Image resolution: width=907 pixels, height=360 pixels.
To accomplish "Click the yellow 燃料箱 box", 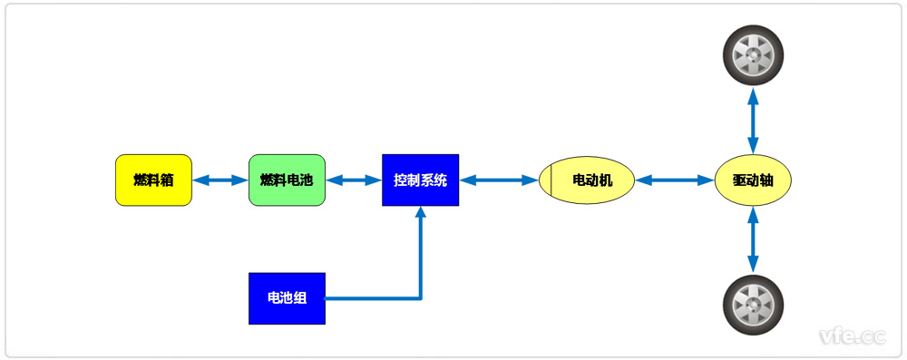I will pyautogui.click(x=153, y=180).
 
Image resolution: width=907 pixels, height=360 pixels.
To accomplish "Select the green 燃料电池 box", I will pyautogui.click(x=287, y=180).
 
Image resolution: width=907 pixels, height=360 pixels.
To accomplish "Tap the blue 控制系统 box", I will pyautogui.click(x=420, y=180).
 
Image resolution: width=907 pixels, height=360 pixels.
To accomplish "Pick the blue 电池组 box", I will pyautogui.click(x=287, y=298).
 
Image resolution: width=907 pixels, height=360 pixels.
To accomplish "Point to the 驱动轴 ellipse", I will pyautogui.click(x=753, y=180).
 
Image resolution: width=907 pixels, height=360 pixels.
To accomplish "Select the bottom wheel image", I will pyautogui.click(x=753, y=306).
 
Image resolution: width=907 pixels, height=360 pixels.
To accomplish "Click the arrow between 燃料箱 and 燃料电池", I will pyautogui.click(x=220, y=180).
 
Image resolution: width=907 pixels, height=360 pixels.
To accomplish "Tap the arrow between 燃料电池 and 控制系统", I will pyautogui.click(x=354, y=180).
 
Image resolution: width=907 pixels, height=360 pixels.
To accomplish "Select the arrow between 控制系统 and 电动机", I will pyautogui.click(x=499, y=180).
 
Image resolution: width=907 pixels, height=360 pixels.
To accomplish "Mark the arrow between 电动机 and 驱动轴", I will pyautogui.click(x=675, y=180).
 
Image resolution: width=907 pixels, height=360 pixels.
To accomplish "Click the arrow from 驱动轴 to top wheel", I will pyautogui.click(x=753, y=119).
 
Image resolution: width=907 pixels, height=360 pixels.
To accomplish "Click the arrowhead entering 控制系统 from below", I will pyautogui.click(x=420, y=214).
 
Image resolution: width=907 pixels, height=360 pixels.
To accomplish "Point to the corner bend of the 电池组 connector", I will pyautogui.click(x=420, y=297).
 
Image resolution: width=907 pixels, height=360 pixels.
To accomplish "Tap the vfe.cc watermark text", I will pyautogui.click(x=851, y=336).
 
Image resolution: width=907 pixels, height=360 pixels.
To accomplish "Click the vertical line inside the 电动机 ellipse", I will pyautogui.click(x=551, y=180).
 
